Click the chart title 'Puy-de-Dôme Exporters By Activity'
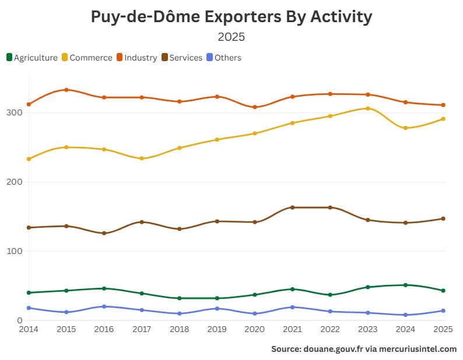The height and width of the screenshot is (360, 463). click(232, 17)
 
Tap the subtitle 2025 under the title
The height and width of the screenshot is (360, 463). click(232, 37)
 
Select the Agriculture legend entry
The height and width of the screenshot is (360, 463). click(32, 58)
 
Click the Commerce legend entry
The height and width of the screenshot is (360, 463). click(87, 58)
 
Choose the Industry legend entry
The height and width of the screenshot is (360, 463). click(137, 58)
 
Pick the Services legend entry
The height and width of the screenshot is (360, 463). click(182, 58)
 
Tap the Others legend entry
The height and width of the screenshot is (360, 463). click(224, 58)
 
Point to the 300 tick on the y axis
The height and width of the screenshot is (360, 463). click(14, 112)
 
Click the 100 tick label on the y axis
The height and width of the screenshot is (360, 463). click(14, 251)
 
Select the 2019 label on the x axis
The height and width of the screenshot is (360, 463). click(217, 329)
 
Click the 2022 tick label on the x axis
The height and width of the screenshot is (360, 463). click(330, 329)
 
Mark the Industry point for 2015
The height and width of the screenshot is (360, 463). click(66, 90)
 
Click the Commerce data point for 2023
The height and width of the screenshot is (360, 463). click(368, 108)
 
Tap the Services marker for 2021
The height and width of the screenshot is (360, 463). click(293, 207)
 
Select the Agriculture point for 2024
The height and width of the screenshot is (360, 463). click(406, 285)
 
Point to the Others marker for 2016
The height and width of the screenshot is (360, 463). click(104, 306)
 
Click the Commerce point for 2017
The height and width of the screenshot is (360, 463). click(142, 158)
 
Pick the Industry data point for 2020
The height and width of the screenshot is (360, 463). click(255, 107)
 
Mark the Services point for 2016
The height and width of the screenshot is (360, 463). click(104, 233)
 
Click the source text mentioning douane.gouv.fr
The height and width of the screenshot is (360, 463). click(364, 349)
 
